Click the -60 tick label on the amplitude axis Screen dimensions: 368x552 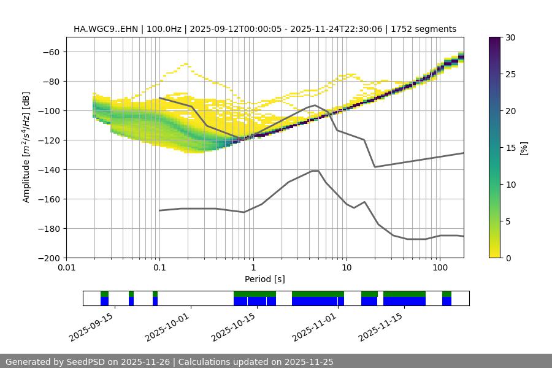[50, 52]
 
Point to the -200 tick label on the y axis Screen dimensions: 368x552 [48, 258]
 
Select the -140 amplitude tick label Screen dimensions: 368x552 [48, 170]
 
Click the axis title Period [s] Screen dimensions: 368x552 [264, 279]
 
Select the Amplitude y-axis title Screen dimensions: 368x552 [26, 147]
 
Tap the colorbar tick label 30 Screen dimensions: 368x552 [510, 38]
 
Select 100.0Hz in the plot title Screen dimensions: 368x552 [163, 29]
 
